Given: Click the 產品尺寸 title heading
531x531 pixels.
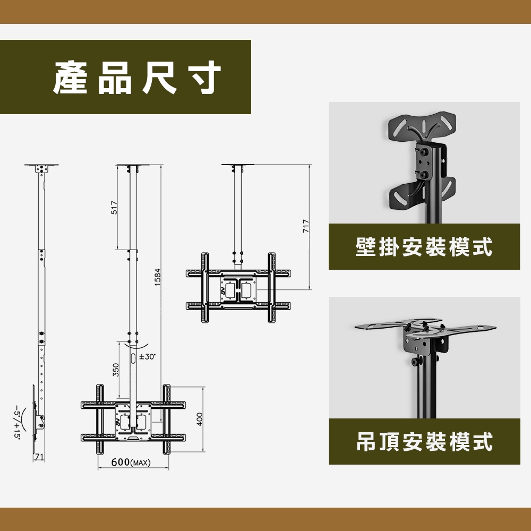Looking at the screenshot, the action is click(x=137, y=78).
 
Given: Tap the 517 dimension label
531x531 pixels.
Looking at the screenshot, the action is click(x=115, y=208).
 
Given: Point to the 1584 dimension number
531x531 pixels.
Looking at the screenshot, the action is click(x=158, y=277).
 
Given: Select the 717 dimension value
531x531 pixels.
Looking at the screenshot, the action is click(x=306, y=226).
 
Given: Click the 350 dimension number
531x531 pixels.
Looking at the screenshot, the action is click(x=116, y=370).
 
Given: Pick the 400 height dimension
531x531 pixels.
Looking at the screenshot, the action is click(x=200, y=419).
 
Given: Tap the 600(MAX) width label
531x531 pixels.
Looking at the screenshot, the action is click(x=131, y=463).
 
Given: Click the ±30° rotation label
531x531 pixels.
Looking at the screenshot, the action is click(x=147, y=357).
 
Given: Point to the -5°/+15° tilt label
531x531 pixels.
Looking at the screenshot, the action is click(x=17, y=421).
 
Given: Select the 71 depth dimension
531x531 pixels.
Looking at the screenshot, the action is click(x=39, y=457).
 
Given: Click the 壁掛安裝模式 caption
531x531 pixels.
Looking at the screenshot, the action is click(x=424, y=247).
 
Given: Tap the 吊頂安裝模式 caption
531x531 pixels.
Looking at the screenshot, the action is click(x=424, y=442).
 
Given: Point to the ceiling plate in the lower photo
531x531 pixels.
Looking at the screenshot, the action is click(x=425, y=327).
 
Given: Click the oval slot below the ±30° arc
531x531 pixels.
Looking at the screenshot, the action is click(x=133, y=358).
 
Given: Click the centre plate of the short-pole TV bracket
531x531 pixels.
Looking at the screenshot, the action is click(x=238, y=289).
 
